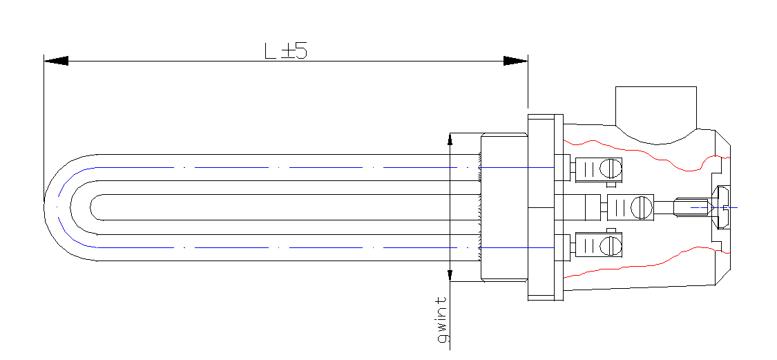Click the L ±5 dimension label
point(285,51)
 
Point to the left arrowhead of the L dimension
point(56,61)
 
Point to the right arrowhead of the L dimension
point(515,61)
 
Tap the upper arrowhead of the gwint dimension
point(450,139)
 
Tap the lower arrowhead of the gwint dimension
point(450,275)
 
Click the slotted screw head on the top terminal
point(611,168)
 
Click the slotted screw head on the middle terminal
point(642,207)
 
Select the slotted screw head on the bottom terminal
point(611,245)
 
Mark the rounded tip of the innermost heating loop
point(91,207)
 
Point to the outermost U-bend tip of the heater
point(45,207)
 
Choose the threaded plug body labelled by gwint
point(504,207)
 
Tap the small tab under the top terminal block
point(611,185)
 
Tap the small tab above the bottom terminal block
point(611,230)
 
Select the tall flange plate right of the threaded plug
point(545,207)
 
